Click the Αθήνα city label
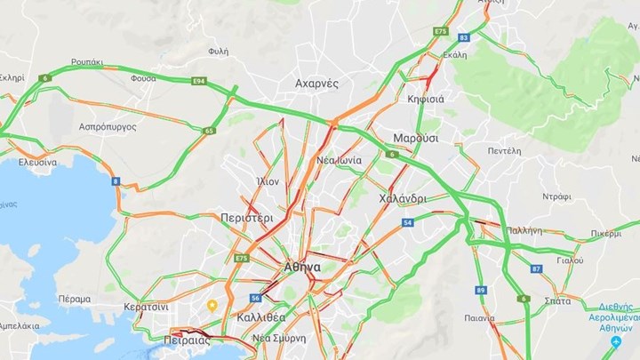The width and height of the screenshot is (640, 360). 302,267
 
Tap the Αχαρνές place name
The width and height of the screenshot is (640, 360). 317,84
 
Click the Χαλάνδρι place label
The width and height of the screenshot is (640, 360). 402,198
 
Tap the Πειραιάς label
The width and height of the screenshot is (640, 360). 186,339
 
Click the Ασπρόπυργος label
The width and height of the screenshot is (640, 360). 107,127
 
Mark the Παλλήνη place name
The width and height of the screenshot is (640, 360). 524,229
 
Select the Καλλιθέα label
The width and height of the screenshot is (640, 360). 261,317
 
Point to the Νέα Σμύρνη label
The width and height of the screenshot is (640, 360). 279,338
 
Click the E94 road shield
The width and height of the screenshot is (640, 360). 199,82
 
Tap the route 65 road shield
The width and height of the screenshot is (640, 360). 209,131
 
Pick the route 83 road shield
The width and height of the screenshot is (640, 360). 464,37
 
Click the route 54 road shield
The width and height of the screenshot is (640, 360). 407,223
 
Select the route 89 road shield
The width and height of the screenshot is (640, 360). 481,290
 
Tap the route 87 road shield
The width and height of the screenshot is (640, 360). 536,268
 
